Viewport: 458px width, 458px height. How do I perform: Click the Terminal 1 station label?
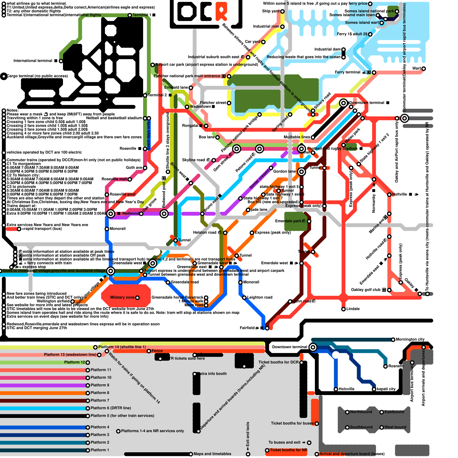pos(142,15)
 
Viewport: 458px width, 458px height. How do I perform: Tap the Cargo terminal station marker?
pos(4,76)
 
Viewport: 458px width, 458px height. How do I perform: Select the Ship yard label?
pos(271,11)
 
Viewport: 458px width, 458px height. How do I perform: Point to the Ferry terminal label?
pos(348,72)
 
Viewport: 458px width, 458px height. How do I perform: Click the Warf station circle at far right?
pos(424,69)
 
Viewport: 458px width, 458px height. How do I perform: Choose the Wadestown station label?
pos(200,106)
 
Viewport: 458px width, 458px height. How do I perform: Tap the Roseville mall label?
pos(114,179)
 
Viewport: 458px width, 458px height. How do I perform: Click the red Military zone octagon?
pos(126,296)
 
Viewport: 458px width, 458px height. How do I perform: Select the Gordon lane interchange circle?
pos(301,172)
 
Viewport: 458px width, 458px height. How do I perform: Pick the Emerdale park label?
pos(288,221)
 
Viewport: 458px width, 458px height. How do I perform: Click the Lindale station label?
pos(353,309)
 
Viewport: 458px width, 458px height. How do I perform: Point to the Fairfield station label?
pos(247,328)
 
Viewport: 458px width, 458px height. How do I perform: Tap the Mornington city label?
pos(410,339)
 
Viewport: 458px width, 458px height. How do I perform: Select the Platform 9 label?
pos(100,385)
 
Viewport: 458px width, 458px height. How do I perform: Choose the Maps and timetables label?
pos(212,454)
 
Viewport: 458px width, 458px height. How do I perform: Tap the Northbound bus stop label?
pos(361,412)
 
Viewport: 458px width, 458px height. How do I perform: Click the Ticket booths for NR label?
pos(288,450)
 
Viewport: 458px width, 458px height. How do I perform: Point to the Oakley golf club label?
pos(366,290)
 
